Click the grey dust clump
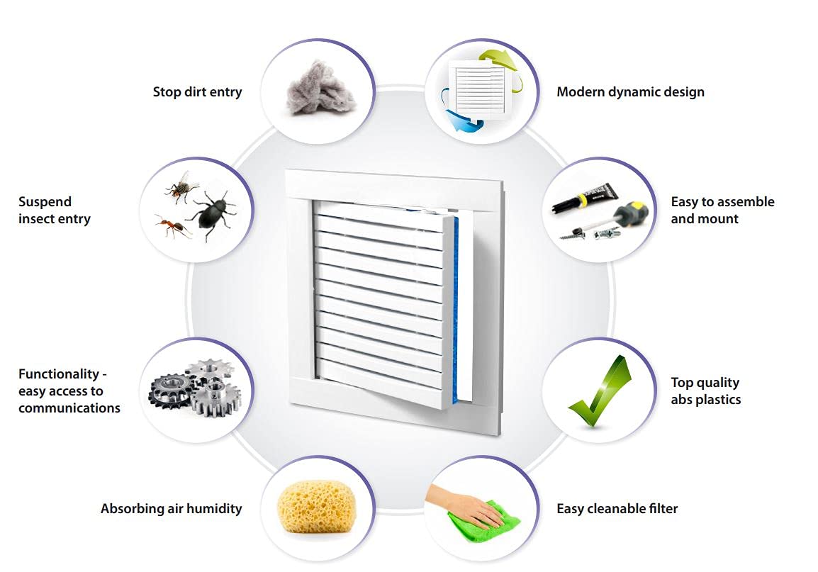320,89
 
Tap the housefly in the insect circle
181,186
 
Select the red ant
173,226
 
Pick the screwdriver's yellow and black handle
633,212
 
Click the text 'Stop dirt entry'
197,92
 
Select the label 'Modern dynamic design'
630,92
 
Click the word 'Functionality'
59,374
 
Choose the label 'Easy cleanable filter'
617,508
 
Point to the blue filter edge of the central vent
456,308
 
